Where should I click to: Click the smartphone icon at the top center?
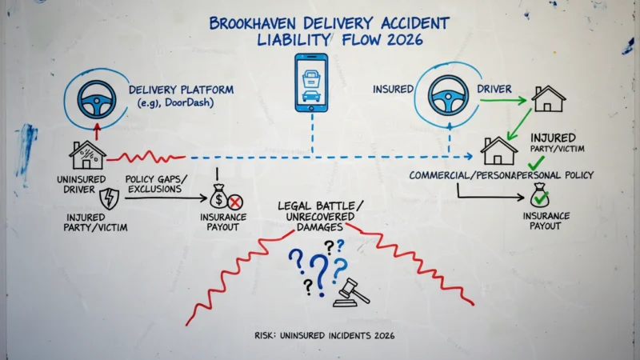[311, 83]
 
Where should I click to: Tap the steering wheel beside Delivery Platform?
[97, 99]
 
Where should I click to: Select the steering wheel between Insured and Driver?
[448, 95]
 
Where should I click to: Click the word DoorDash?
[189, 102]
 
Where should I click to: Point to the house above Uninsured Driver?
[87, 155]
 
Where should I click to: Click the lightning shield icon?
[110, 198]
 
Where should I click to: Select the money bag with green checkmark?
[539, 195]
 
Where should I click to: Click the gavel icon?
[351, 293]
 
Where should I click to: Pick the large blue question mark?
[319, 274]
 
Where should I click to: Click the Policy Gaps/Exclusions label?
[155, 184]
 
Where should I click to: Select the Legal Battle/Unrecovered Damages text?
[321, 216]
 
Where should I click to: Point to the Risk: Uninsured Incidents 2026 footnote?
[325, 335]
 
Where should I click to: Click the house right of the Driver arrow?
[548, 98]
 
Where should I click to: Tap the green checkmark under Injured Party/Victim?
[536, 163]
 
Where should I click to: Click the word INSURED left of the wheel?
[393, 89]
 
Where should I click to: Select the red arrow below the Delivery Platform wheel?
[97, 131]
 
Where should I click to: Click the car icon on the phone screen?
[311, 96]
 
